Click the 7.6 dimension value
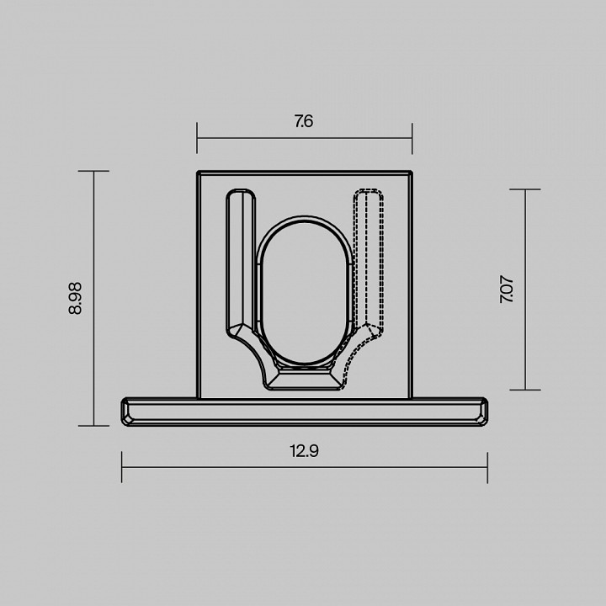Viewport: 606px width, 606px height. [x=304, y=121]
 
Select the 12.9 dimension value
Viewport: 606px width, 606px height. [x=304, y=451]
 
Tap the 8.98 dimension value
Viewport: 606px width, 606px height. [x=75, y=298]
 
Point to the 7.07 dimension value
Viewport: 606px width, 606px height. [x=507, y=289]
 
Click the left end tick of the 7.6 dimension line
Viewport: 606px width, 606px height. [x=197, y=138]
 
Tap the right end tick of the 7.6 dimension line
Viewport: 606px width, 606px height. [x=412, y=138]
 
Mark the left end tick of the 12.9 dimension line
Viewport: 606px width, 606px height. [x=122, y=467]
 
